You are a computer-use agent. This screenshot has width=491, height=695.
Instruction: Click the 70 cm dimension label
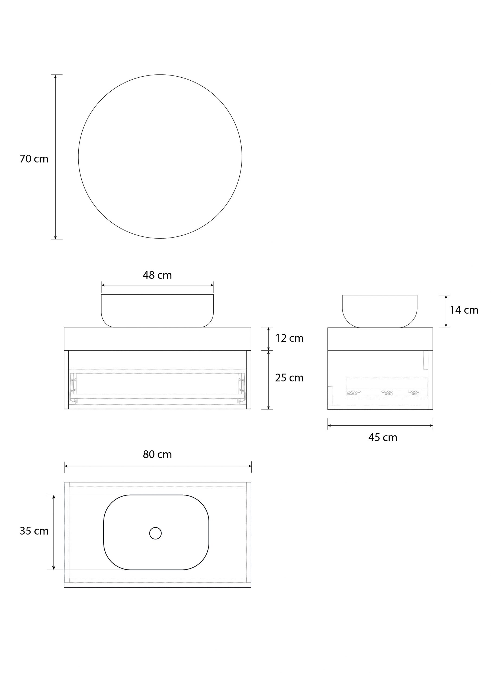click(34, 159)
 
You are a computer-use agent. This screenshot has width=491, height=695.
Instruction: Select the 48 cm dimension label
click(157, 275)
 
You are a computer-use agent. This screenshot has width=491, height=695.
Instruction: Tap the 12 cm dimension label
click(289, 338)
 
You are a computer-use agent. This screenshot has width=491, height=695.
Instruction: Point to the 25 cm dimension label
click(289, 378)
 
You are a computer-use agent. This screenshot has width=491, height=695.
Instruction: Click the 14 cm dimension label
click(464, 310)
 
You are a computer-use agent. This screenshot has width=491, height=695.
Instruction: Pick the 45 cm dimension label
click(383, 437)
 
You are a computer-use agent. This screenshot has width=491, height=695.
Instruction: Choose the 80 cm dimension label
click(157, 454)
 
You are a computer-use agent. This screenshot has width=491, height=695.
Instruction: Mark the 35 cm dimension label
click(34, 531)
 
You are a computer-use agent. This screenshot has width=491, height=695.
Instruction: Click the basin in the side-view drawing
click(380, 311)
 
